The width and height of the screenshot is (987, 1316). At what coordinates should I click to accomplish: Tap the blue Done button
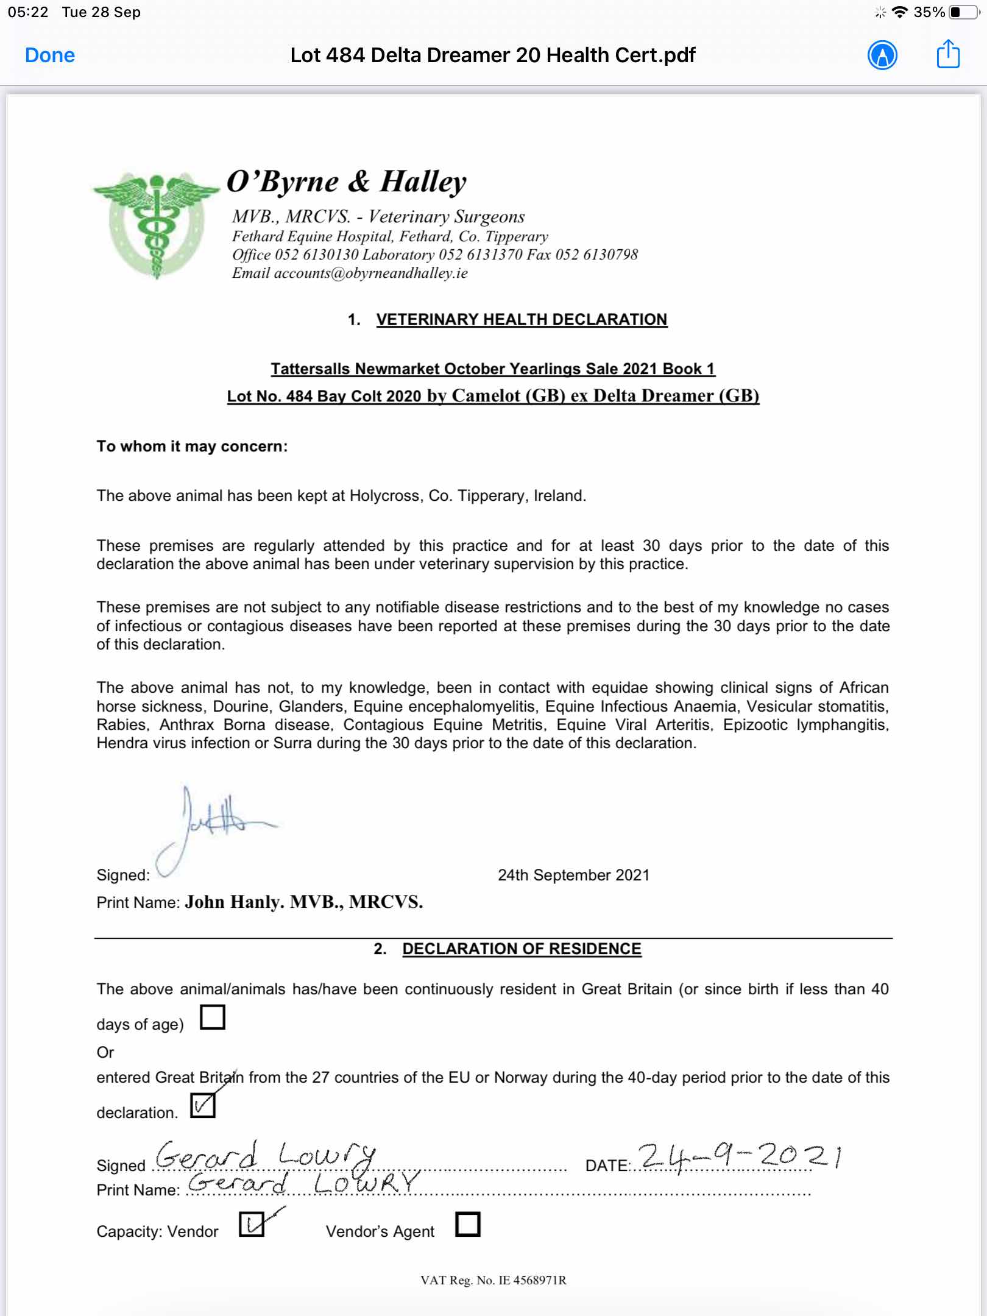[x=50, y=55]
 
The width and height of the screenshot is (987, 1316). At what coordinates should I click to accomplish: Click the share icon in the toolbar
[x=947, y=55]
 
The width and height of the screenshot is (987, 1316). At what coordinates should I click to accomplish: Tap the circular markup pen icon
[x=882, y=55]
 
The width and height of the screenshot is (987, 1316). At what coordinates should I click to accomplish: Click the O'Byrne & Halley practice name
[x=346, y=182]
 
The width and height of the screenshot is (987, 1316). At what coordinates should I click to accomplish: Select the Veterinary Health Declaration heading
[x=522, y=319]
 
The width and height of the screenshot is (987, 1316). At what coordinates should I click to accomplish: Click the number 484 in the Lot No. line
[x=299, y=396]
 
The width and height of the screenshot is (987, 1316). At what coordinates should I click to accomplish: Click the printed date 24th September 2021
[x=573, y=875]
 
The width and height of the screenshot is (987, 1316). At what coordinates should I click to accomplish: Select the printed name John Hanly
[x=233, y=902]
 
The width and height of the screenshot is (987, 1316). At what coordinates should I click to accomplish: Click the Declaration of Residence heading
[x=522, y=949]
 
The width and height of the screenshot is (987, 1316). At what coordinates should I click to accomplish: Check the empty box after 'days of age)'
[x=213, y=1017]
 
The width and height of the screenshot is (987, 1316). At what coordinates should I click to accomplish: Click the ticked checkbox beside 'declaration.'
[x=203, y=1105]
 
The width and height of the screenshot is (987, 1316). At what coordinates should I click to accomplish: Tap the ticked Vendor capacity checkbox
[x=252, y=1223]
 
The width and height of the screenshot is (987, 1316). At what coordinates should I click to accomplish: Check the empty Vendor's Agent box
[x=467, y=1223]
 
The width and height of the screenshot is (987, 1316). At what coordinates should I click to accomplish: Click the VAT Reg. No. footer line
[x=493, y=1280]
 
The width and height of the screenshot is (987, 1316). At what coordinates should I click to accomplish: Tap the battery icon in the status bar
[x=963, y=12]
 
